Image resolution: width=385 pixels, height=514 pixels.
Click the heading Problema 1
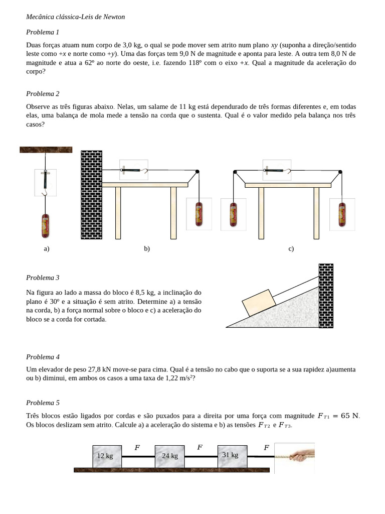pos(43,32)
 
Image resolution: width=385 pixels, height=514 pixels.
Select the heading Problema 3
pos(43,278)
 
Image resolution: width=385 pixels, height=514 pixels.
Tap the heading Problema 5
pos(43,403)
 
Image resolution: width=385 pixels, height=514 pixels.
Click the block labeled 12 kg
pos(106,456)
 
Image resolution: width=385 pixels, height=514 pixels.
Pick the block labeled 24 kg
pos(170,456)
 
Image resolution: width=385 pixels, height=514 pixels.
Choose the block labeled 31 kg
pos(232,456)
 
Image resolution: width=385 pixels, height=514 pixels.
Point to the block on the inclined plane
pos(259,303)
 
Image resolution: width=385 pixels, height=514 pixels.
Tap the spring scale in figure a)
pos(46,182)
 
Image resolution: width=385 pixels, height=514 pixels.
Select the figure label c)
pos(291,249)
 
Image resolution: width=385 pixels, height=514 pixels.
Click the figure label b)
pos(147,249)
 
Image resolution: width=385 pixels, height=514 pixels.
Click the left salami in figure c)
pos(233,214)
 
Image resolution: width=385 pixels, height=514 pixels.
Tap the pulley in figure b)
pos(198,172)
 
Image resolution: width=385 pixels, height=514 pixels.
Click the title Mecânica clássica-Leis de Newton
pos(75,17)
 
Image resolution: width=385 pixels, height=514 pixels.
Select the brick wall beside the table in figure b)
pos(91,196)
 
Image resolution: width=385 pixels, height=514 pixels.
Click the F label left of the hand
pos(266,448)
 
